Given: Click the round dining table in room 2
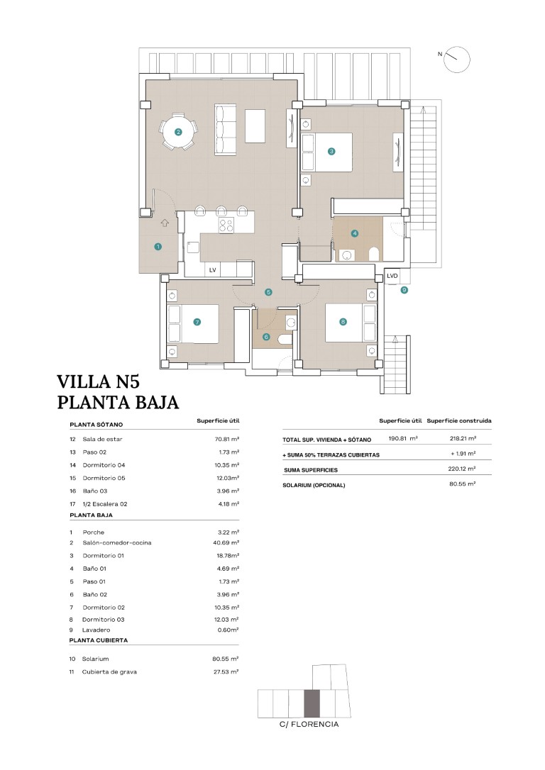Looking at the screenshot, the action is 178,132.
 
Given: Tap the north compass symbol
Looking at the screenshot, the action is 456,60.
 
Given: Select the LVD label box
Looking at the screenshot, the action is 392,276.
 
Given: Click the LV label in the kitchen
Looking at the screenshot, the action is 212,270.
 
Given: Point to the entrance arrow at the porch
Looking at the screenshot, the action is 165,223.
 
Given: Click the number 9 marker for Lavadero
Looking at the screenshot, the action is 404,290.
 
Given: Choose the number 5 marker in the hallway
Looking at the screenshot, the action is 268,292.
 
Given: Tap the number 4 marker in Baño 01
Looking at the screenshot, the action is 354,234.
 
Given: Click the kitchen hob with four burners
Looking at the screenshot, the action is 226,225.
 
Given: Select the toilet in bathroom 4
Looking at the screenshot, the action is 374,254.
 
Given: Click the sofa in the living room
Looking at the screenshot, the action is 226,130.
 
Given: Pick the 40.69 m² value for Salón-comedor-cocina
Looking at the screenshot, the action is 229,542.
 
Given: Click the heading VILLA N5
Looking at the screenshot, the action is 102,381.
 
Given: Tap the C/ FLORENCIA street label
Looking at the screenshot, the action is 309,725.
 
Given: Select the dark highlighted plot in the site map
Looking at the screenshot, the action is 312,703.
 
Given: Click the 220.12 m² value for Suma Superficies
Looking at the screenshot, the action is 462,469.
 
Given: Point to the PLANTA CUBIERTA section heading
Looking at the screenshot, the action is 99,640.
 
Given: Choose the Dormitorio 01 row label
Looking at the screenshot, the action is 103,555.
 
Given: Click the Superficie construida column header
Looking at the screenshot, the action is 459,421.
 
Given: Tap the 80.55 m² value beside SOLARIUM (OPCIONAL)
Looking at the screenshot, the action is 463,484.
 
